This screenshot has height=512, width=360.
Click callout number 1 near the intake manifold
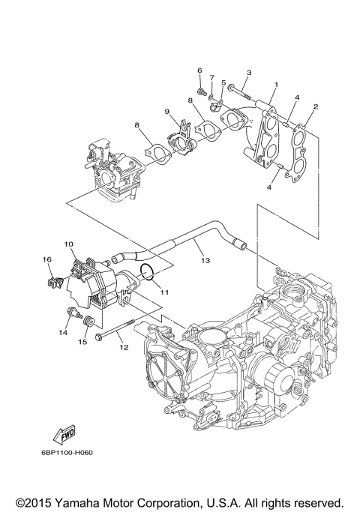point(276,85)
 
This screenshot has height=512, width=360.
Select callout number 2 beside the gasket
point(316,107)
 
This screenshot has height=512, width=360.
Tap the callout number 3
point(249,72)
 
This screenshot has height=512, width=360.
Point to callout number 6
point(200,70)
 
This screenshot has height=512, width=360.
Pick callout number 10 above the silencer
point(67,244)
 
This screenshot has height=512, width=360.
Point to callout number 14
point(64,331)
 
